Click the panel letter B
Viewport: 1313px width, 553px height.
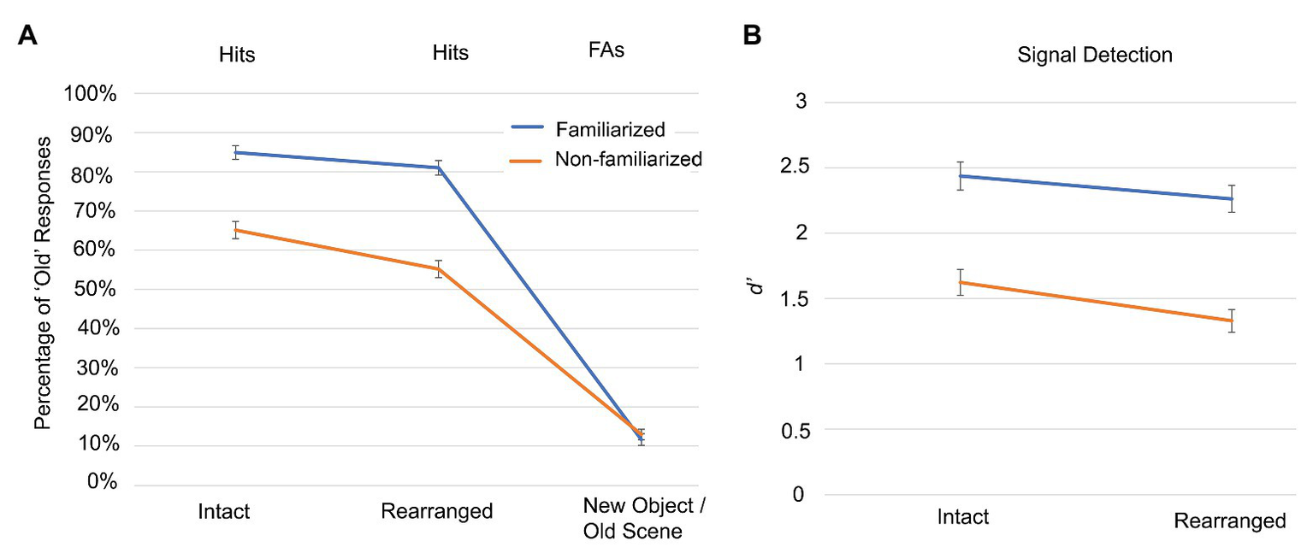(752, 38)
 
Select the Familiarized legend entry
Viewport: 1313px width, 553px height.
(610, 130)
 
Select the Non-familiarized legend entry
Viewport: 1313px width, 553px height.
(628, 158)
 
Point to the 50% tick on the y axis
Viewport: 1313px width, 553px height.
(94, 289)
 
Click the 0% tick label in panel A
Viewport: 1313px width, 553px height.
(98, 483)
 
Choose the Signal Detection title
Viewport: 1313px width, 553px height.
(1095, 56)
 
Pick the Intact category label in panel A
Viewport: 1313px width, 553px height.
(223, 512)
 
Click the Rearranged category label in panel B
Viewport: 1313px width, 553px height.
(1230, 521)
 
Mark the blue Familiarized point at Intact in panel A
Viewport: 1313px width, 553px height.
(234, 152)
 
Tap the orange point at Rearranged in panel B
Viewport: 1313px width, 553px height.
(1231, 321)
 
